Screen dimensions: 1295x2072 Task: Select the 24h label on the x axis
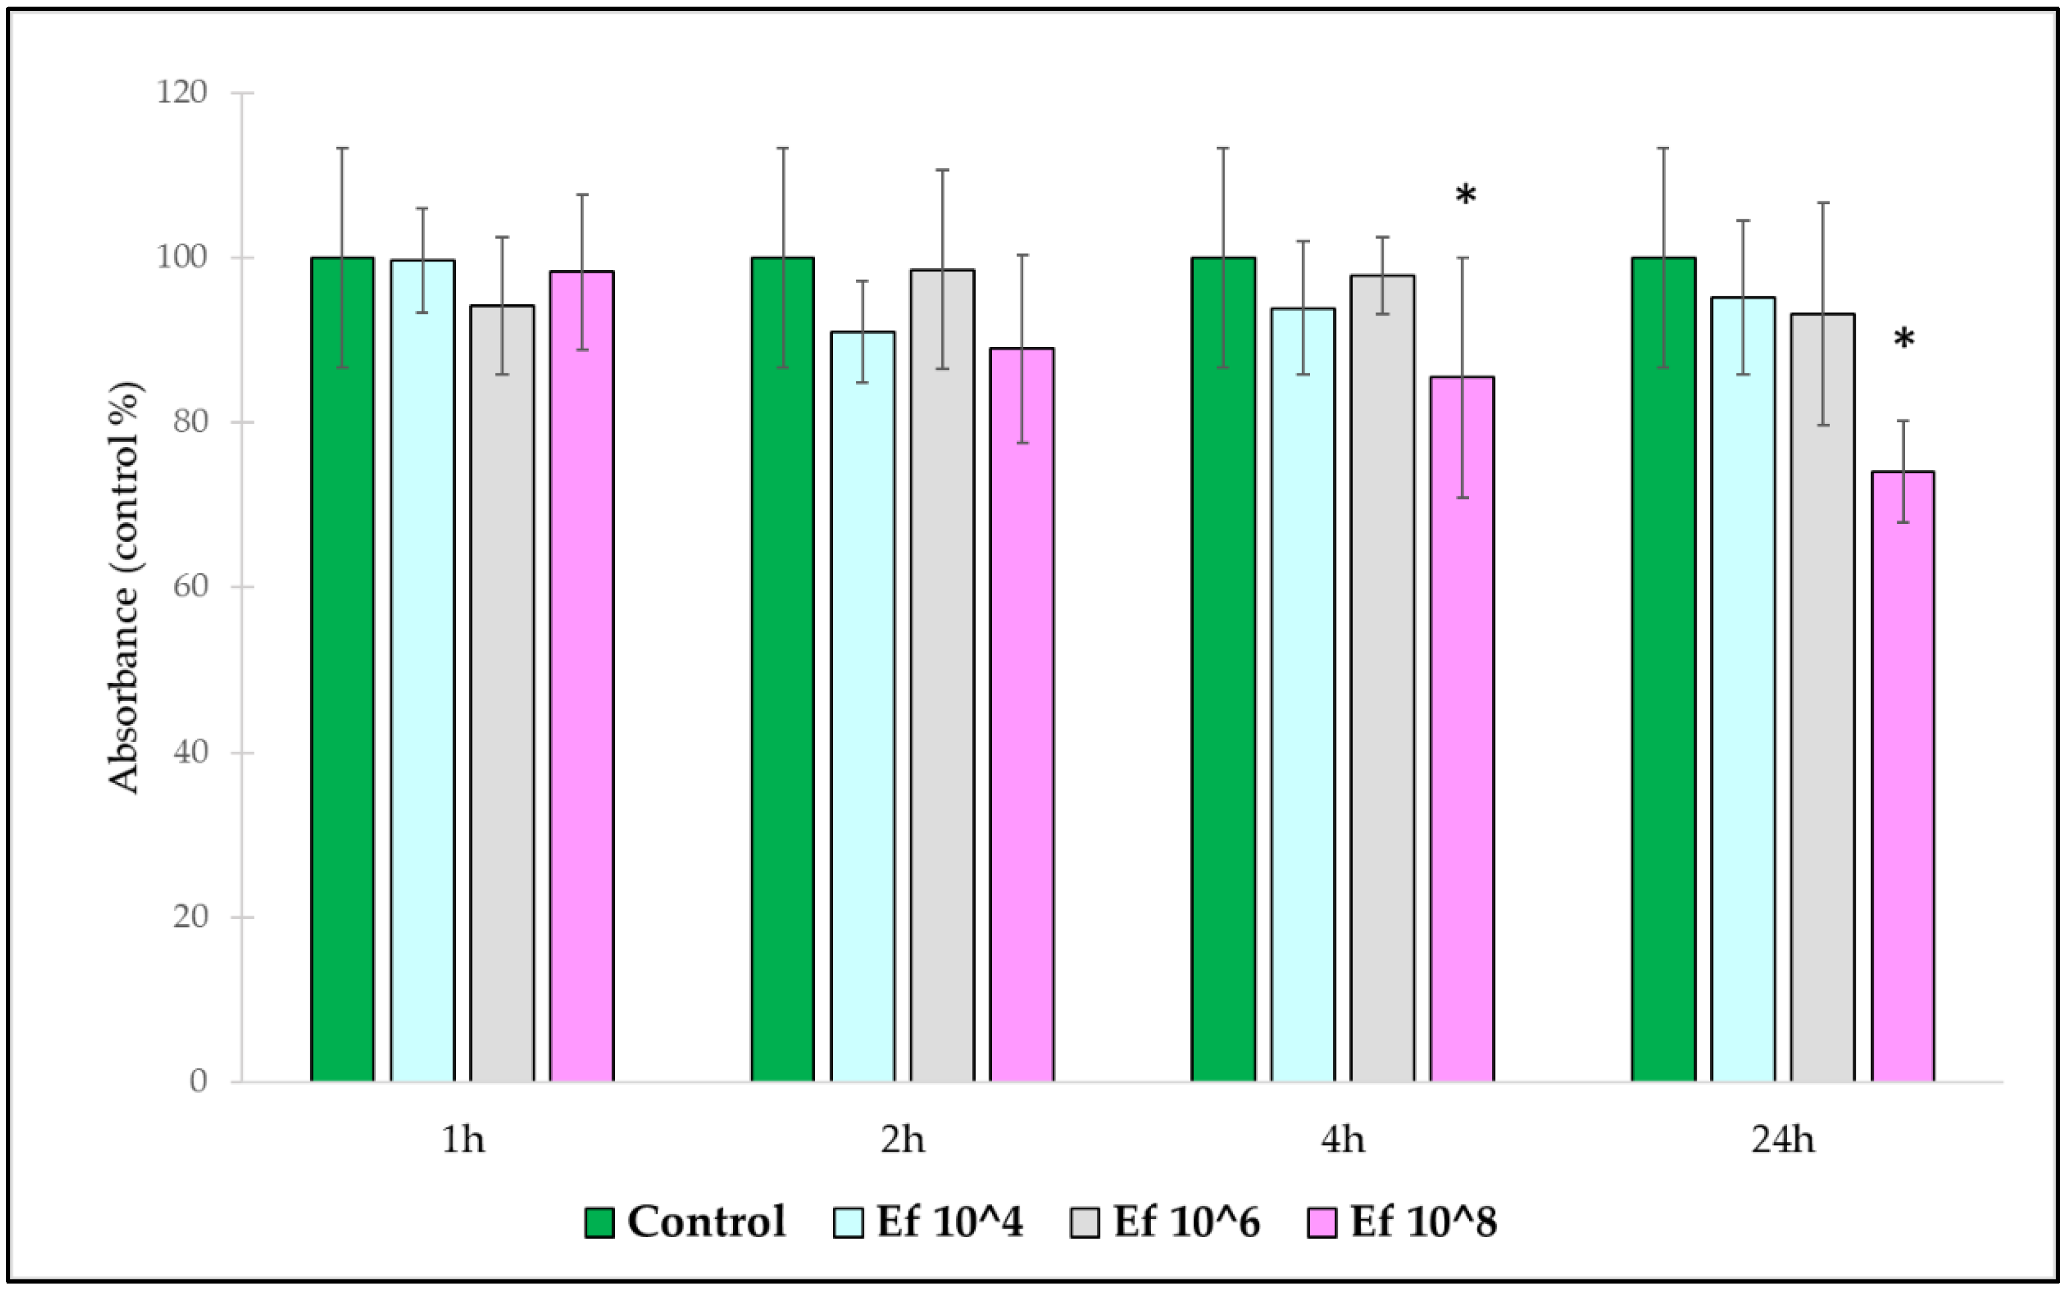coord(1783,1140)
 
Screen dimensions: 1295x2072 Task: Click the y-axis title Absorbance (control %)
coord(124,587)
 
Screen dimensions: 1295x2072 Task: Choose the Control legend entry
coord(685,1222)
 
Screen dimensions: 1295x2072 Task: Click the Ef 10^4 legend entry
coord(929,1222)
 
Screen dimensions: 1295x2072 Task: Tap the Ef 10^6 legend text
coord(1187,1222)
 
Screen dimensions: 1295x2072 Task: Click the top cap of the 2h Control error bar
coord(782,148)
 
